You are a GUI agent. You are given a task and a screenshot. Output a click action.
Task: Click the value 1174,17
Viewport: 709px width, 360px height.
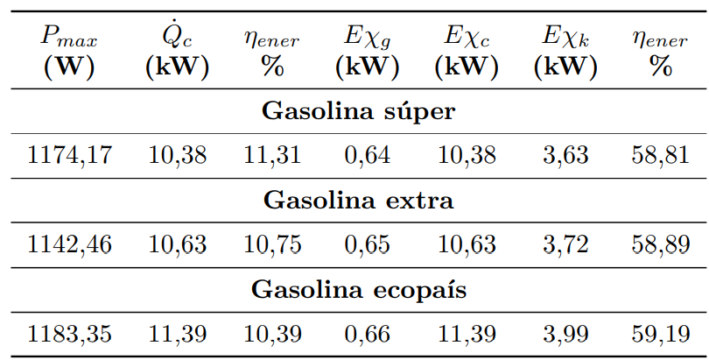[70, 156]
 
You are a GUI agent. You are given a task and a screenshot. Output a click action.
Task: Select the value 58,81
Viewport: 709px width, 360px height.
[660, 156]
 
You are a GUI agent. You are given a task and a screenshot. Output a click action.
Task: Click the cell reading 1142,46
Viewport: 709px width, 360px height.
[70, 245]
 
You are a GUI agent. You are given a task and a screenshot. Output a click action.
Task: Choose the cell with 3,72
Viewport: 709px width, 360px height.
[565, 245]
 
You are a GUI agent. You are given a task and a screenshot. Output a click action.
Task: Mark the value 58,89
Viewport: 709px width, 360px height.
[660, 245]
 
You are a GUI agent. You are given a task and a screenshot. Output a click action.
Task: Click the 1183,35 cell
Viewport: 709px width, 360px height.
[70, 334]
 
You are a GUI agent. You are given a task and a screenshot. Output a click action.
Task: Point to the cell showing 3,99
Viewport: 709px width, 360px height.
[565, 334]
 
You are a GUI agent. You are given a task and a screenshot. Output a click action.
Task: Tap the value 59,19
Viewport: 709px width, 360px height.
[660, 334]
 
